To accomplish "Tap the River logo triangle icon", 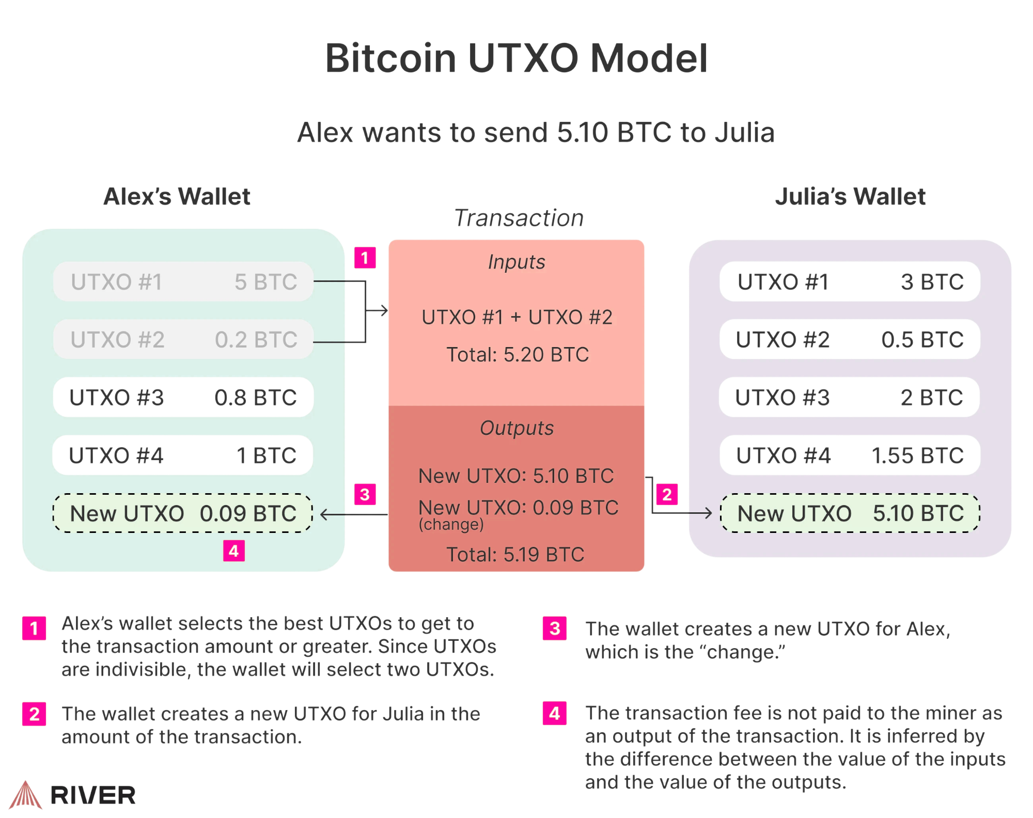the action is tap(25, 795).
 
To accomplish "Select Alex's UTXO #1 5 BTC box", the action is tap(183, 282).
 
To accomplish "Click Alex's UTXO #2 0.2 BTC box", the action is tap(183, 340).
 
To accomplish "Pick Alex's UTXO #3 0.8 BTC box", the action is tap(183, 398).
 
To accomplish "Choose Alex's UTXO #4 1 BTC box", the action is tap(183, 455).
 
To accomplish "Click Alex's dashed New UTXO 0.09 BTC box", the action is tap(183, 513).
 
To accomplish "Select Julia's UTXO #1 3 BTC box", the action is tap(850, 282).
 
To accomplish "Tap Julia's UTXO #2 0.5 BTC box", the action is tap(850, 340).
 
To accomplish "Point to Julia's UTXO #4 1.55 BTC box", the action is tap(850, 455).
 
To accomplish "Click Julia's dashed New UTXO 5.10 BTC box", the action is tap(850, 513).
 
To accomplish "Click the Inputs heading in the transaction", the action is tap(516, 262).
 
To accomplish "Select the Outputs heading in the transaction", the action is tap(516, 428).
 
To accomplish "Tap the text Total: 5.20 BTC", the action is tap(517, 355).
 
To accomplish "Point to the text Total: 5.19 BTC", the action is tap(515, 555).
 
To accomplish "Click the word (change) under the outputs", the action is tap(451, 525).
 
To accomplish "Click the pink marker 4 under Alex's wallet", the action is tap(233, 551).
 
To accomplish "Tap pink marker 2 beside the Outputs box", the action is tap(667, 495).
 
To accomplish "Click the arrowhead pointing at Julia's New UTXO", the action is tap(708, 513).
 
